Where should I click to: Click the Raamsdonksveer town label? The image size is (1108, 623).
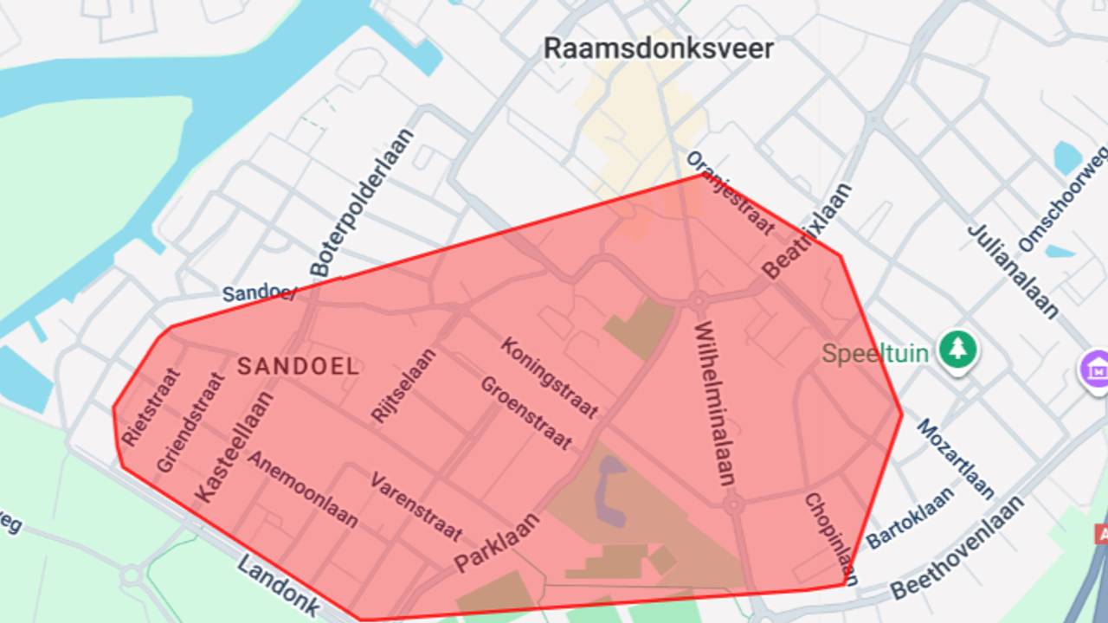[658, 48]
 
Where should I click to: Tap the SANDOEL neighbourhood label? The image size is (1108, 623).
[298, 366]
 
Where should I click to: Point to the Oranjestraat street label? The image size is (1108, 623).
[730, 193]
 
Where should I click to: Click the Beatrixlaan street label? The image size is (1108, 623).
[807, 231]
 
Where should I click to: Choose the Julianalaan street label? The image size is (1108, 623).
[1012, 271]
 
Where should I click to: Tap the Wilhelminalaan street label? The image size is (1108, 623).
[714, 403]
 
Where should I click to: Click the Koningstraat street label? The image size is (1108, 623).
[549, 377]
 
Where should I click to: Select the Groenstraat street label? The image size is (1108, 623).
[525, 413]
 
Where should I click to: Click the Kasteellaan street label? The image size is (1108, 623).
[235, 446]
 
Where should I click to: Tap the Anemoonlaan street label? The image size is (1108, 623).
[303, 488]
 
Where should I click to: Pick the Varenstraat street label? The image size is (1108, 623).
[415, 506]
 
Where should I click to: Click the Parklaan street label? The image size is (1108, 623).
[497, 543]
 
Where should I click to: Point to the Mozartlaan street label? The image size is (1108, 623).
[956, 459]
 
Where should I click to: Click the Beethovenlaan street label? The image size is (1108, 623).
[957, 548]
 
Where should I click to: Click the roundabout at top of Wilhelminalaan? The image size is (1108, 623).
[698, 301]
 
